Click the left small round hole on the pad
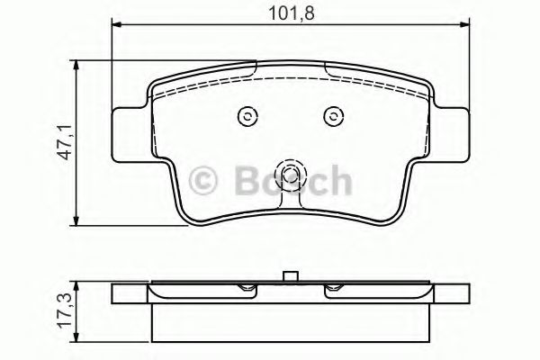tap(246, 115)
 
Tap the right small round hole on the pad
tap(332, 115)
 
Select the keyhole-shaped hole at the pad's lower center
tap(289, 176)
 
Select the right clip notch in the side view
tap(333, 289)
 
